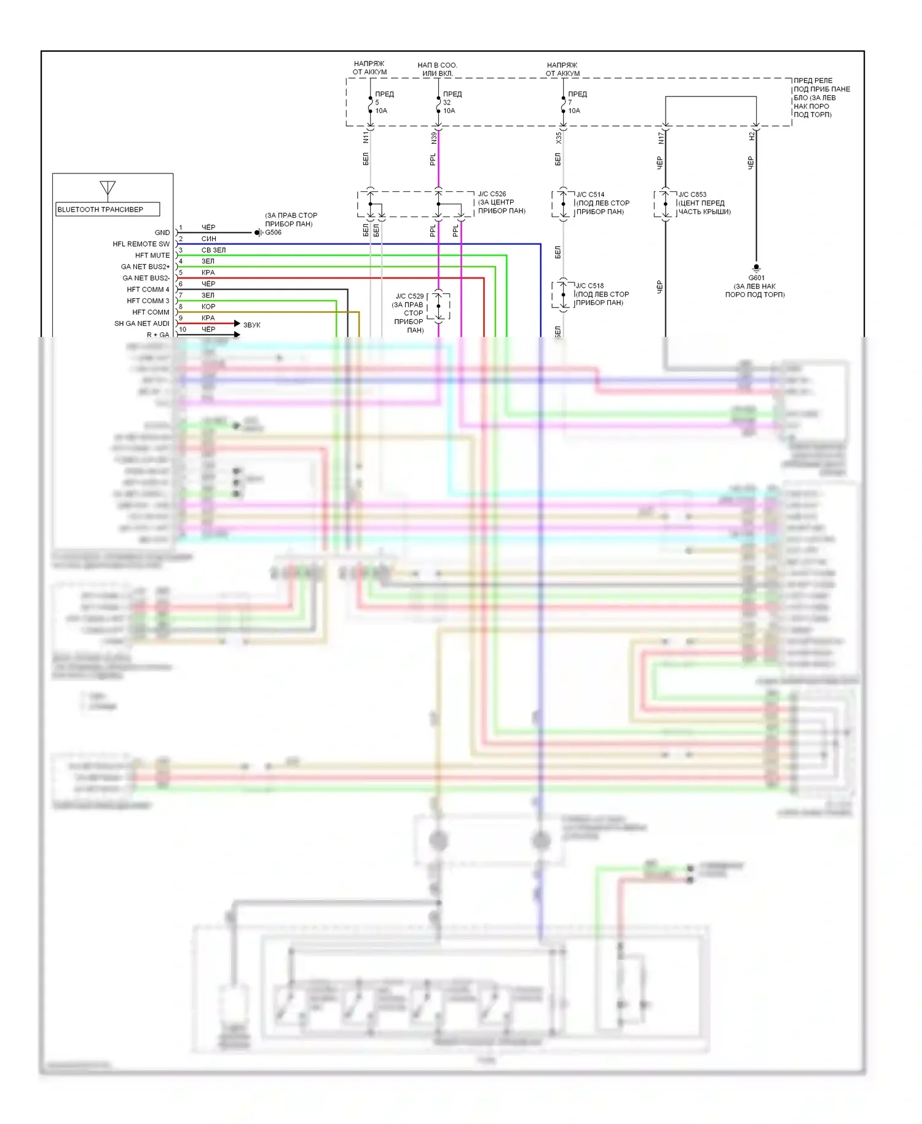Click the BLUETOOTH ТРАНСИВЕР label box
108,209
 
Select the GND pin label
162,232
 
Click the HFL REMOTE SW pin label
141,244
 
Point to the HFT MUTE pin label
152,255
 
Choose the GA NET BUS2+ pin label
145,267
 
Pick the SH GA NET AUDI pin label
141,323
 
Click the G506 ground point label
273,232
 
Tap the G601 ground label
756,277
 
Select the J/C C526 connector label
492,194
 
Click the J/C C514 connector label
590,194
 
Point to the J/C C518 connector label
589,286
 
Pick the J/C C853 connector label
692,194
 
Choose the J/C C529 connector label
409,296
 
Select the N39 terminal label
433,138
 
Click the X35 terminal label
558,138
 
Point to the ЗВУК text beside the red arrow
251,325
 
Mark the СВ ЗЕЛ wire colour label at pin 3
213,250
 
